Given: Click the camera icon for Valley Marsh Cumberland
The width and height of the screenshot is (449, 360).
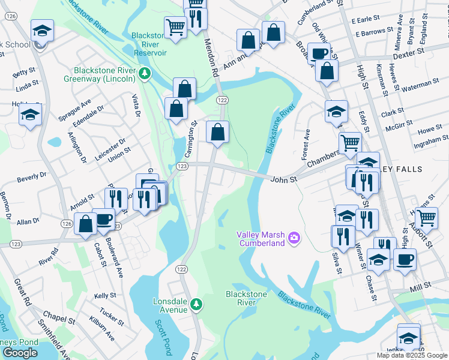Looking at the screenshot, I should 294,238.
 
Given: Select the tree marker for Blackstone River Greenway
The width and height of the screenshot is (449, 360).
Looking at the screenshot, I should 144,73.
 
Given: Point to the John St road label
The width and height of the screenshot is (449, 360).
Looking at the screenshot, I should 283,179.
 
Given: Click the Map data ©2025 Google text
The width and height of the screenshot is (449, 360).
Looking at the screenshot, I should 412,355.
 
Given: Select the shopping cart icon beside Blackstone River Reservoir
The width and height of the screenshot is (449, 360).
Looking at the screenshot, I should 175,26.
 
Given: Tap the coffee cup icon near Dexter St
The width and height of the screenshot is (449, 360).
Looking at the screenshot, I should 319,52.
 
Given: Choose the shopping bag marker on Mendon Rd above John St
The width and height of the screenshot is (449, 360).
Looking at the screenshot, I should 217,131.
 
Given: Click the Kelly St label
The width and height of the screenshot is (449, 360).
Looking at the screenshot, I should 105,296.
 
